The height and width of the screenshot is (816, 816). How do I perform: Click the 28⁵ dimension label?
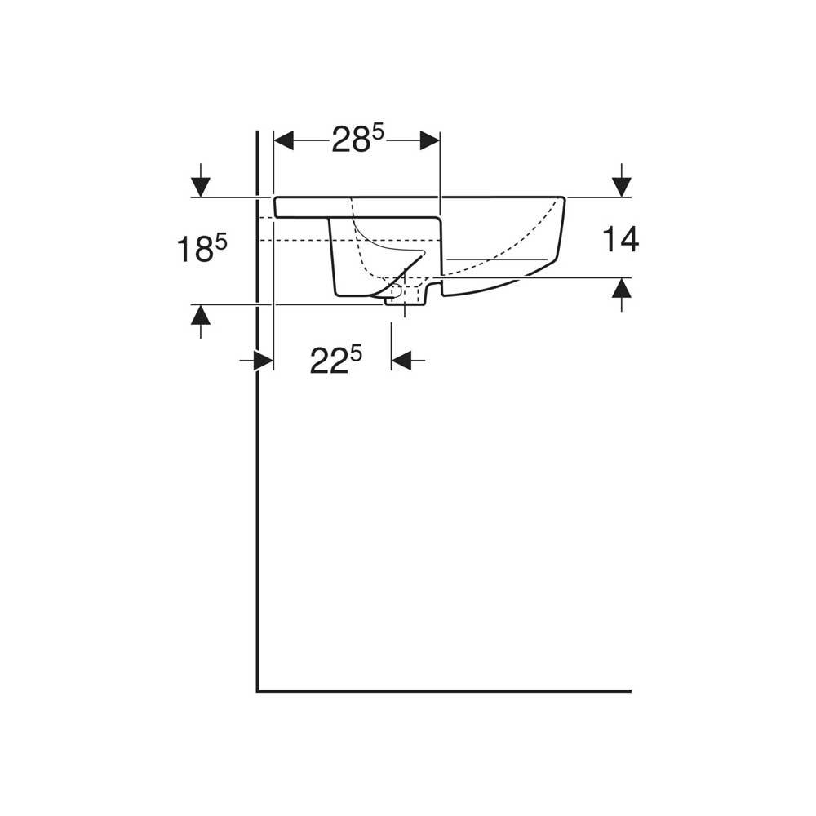click(358, 139)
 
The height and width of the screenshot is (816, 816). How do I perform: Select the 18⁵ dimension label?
click(202, 248)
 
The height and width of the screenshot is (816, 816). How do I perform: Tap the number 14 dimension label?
click(620, 240)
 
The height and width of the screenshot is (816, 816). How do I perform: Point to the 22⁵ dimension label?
click(335, 360)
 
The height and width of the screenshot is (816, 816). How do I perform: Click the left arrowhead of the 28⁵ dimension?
click(284, 140)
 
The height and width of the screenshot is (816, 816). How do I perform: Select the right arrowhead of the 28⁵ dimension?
click(430, 140)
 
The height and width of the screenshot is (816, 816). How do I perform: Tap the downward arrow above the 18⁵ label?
click(201, 180)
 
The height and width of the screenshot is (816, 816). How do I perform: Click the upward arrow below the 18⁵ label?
click(201, 322)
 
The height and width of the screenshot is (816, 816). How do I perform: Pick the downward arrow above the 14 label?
click(622, 180)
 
